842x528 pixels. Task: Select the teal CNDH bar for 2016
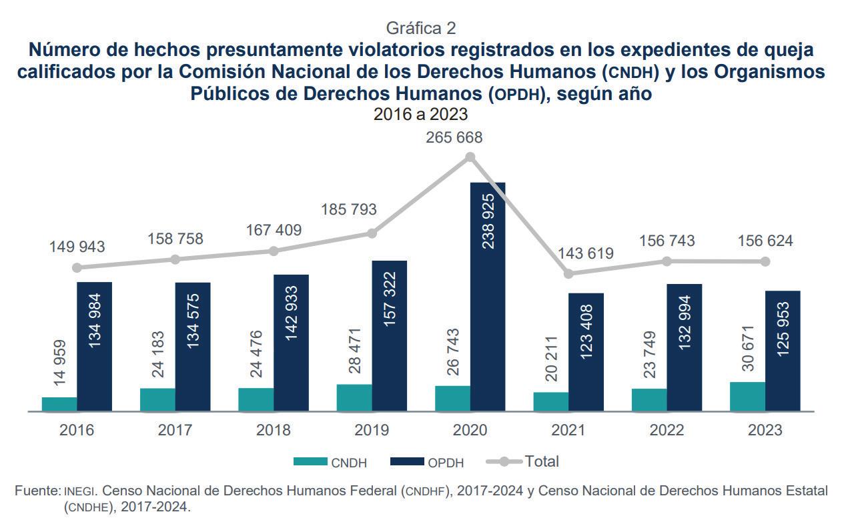point(59,404)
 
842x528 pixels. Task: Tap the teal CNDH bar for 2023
point(747,397)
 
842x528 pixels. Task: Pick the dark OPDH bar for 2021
point(586,352)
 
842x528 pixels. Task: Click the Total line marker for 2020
point(470,157)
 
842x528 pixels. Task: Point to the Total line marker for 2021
point(568,273)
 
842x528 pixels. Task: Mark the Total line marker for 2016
point(77,267)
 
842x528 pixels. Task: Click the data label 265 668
point(454,138)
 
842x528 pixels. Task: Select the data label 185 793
point(348,209)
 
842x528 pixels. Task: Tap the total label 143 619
point(585,253)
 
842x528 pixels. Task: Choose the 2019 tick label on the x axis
point(372,430)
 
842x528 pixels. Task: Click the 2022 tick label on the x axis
point(667,430)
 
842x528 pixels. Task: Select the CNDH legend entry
point(330,462)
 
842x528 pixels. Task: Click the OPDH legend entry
point(426,462)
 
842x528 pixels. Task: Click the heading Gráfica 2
point(421,28)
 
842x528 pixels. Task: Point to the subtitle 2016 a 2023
point(420,114)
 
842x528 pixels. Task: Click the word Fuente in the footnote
point(37,491)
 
